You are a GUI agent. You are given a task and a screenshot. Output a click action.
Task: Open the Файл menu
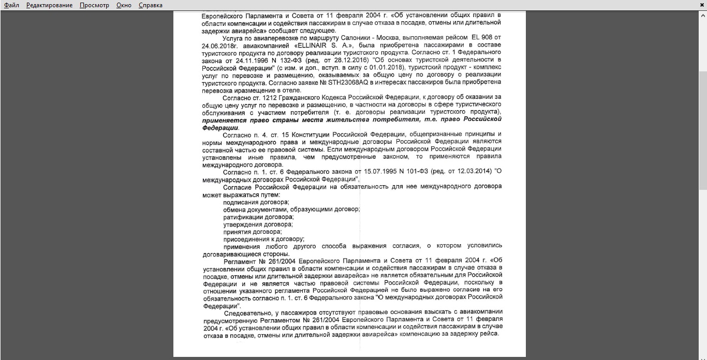[11, 5]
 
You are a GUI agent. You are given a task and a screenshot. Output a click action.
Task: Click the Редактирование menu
[50, 5]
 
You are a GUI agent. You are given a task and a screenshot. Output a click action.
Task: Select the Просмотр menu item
[94, 5]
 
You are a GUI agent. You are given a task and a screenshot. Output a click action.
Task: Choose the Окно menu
[124, 5]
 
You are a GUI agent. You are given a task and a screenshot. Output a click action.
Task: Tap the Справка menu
[151, 5]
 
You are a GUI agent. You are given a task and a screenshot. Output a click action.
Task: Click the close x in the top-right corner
[702, 5]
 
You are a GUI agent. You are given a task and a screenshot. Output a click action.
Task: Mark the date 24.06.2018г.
[219, 45]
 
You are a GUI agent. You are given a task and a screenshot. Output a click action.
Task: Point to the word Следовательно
[249, 313]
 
